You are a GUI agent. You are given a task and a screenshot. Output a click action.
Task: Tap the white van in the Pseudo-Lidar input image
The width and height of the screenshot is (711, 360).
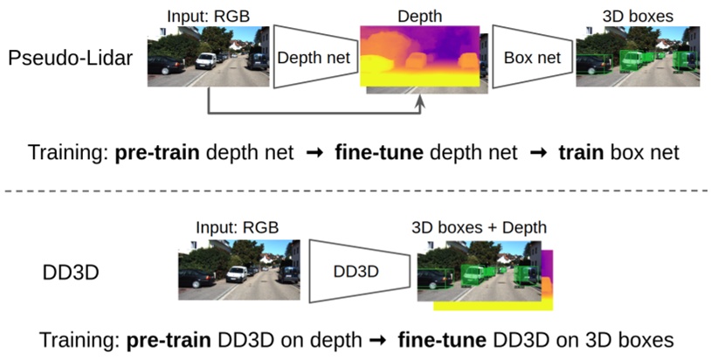(204, 61)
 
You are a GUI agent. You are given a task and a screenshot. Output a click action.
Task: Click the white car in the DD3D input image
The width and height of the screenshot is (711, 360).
(237, 273)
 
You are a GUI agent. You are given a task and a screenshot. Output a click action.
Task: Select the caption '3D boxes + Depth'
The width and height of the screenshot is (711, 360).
(479, 228)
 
